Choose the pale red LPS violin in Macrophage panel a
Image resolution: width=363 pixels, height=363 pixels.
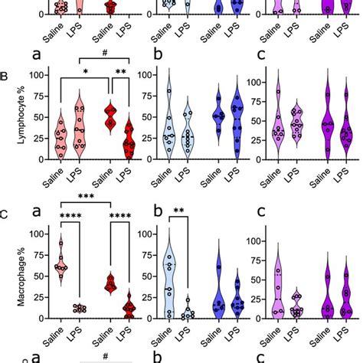[78, 309]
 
